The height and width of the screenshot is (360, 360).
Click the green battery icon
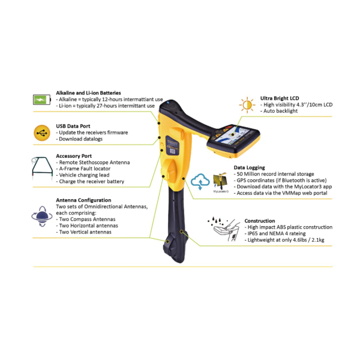42,100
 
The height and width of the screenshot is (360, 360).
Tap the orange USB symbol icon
42,133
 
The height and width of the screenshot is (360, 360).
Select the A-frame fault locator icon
42,167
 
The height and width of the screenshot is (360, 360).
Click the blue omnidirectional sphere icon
42,216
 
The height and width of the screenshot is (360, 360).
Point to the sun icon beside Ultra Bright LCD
247,105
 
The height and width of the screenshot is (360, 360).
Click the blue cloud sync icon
200,181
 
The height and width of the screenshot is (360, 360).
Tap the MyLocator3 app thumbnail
221,182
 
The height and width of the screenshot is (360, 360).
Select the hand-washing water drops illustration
224,229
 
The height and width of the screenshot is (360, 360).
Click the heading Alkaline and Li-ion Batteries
88,93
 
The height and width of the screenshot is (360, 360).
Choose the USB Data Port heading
73,126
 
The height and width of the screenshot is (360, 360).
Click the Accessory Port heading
74,156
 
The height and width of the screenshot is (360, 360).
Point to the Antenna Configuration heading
83,200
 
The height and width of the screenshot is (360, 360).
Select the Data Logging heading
250,167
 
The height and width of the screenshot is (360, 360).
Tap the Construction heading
260,221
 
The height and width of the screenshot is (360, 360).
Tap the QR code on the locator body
172,151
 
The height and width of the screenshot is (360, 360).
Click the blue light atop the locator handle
167,103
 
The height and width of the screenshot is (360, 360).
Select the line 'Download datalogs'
79,139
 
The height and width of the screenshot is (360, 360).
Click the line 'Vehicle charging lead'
83,175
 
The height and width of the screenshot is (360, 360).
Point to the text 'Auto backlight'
279,111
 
